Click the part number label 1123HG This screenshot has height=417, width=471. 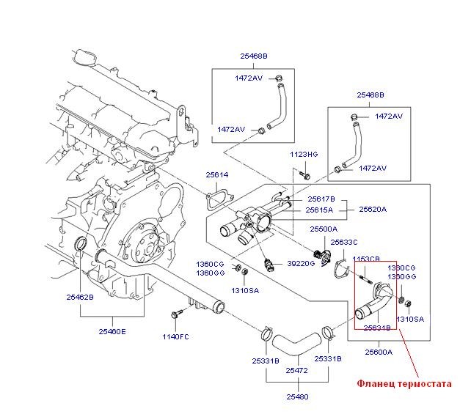(x=303, y=155)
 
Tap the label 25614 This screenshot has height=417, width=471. (x=217, y=175)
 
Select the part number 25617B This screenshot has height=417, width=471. (x=321, y=199)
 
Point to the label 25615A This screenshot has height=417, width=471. (x=321, y=210)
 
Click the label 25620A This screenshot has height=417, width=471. (x=373, y=209)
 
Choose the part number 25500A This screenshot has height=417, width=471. (x=324, y=229)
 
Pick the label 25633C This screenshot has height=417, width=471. (x=344, y=242)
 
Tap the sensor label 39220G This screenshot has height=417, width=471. (x=300, y=262)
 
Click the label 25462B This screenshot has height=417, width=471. (x=79, y=298)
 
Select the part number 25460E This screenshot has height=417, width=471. (x=112, y=331)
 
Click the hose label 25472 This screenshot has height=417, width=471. (x=297, y=370)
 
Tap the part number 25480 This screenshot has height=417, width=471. (x=297, y=396)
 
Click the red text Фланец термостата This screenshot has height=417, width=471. (x=403, y=383)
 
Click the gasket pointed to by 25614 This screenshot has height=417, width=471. (x=216, y=199)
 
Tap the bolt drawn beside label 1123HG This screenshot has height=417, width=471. (x=306, y=174)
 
